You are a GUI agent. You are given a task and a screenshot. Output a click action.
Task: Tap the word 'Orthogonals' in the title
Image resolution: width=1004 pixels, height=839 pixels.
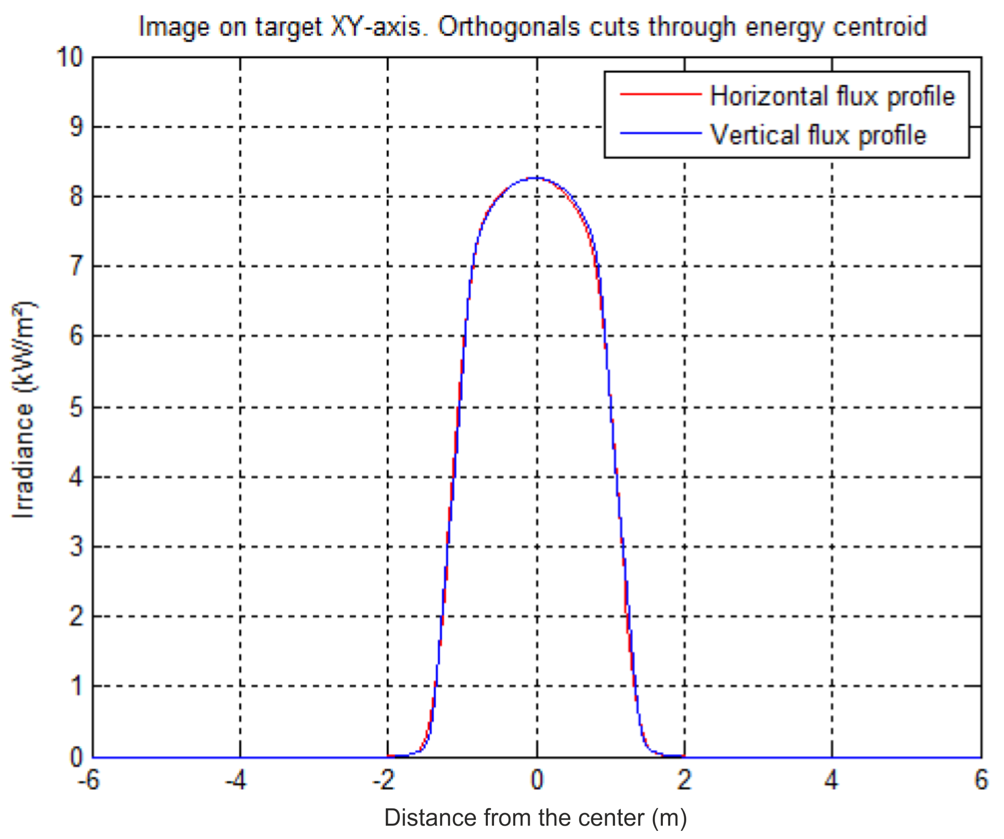(x=509, y=27)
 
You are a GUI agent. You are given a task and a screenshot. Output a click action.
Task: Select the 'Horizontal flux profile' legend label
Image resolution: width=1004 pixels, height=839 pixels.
(x=832, y=96)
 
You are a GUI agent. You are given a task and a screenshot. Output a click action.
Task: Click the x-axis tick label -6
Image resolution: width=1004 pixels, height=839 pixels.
(x=89, y=780)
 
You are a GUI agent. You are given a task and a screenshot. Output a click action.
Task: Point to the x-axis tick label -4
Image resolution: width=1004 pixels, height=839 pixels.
(x=236, y=780)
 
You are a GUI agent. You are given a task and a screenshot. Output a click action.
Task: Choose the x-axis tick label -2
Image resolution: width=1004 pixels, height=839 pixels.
(x=383, y=780)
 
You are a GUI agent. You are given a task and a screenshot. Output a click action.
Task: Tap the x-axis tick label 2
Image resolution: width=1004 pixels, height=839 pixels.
(x=685, y=780)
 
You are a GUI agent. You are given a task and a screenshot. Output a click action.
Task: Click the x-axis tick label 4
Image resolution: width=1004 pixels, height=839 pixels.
(x=832, y=780)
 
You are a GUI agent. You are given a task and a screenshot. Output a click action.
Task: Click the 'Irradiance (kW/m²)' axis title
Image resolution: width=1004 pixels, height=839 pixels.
(x=23, y=410)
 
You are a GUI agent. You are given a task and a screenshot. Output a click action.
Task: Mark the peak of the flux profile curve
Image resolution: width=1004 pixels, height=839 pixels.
(x=536, y=178)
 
